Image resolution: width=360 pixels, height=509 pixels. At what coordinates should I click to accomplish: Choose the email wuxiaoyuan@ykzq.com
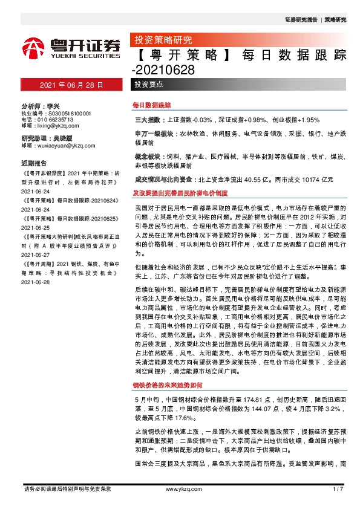point(61,145)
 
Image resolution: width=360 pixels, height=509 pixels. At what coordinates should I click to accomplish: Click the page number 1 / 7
point(338,488)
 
